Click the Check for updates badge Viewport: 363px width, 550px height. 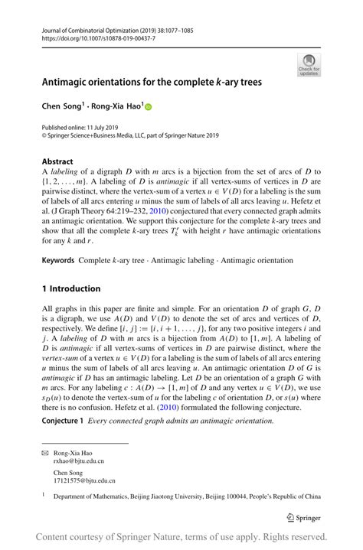(309, 65)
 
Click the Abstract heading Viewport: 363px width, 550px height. (59, 161)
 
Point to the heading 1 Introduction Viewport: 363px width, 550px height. (71, 288)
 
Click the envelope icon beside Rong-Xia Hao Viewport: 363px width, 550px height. (45, 452)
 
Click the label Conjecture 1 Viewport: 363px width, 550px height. (64, 421)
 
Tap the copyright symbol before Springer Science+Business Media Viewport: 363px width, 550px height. (44, 135)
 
